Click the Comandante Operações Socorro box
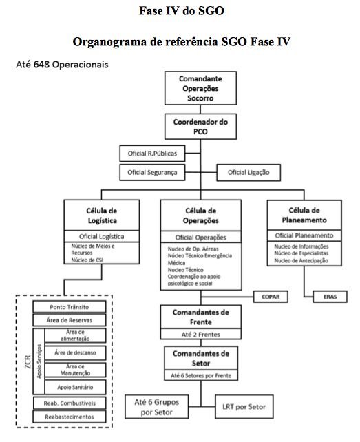pyautogui.click(x=200, y=88)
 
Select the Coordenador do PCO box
pyautogui.click(x=200, y=126)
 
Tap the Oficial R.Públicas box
pyautogui.click(x=152, y=154)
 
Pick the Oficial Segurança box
pyautogui.click(x=152, y=172)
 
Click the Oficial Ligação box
pyautogui.click(x=248, y=173)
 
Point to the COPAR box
pyautogui.click(x=271, y=297)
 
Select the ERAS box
pyautogui.click(x=330, y=297)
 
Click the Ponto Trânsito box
pyautogui.click(x=70, y=306)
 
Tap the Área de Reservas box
pyautogui.click(x=70, y=320)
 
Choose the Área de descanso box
pyautogui.click(x=75, y=352)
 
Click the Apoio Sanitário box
pyautogui.click(x=75, y=387)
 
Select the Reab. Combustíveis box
pyautogui.click(x=70, y=403)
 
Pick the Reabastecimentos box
pyautogui.click(x=70, y=417)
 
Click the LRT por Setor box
pyautogui.click(x=244, y=406)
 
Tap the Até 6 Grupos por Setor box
pyautogui.click(x=157, y=406)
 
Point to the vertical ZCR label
pyautogui.click(x=28, y=361)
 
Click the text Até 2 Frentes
pyautogui.click(x=201, y=335)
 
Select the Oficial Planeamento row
pyautogui.click(x=304, y=235)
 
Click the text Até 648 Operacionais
pyautogui.click(x=62, y=65)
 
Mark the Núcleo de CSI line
pyautogui.click(x=87, y=260)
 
